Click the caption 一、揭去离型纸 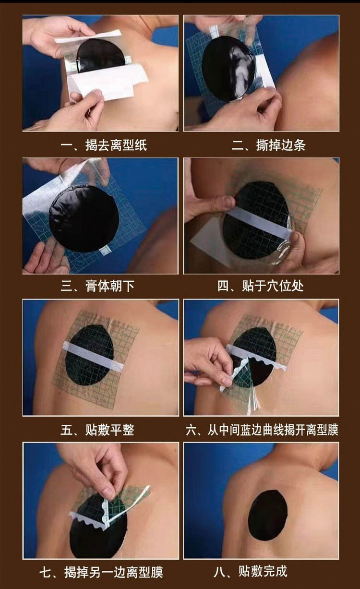tap(104, 145)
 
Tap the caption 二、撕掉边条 tap(268, 145)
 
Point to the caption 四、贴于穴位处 tap(260, 286)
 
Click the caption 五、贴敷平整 tap(97, 430)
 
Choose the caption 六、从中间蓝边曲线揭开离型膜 tap(262, 430)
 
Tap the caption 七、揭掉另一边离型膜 tap(101, 572)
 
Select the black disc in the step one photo tap(101, 55)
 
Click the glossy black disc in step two tap(228, 68)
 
